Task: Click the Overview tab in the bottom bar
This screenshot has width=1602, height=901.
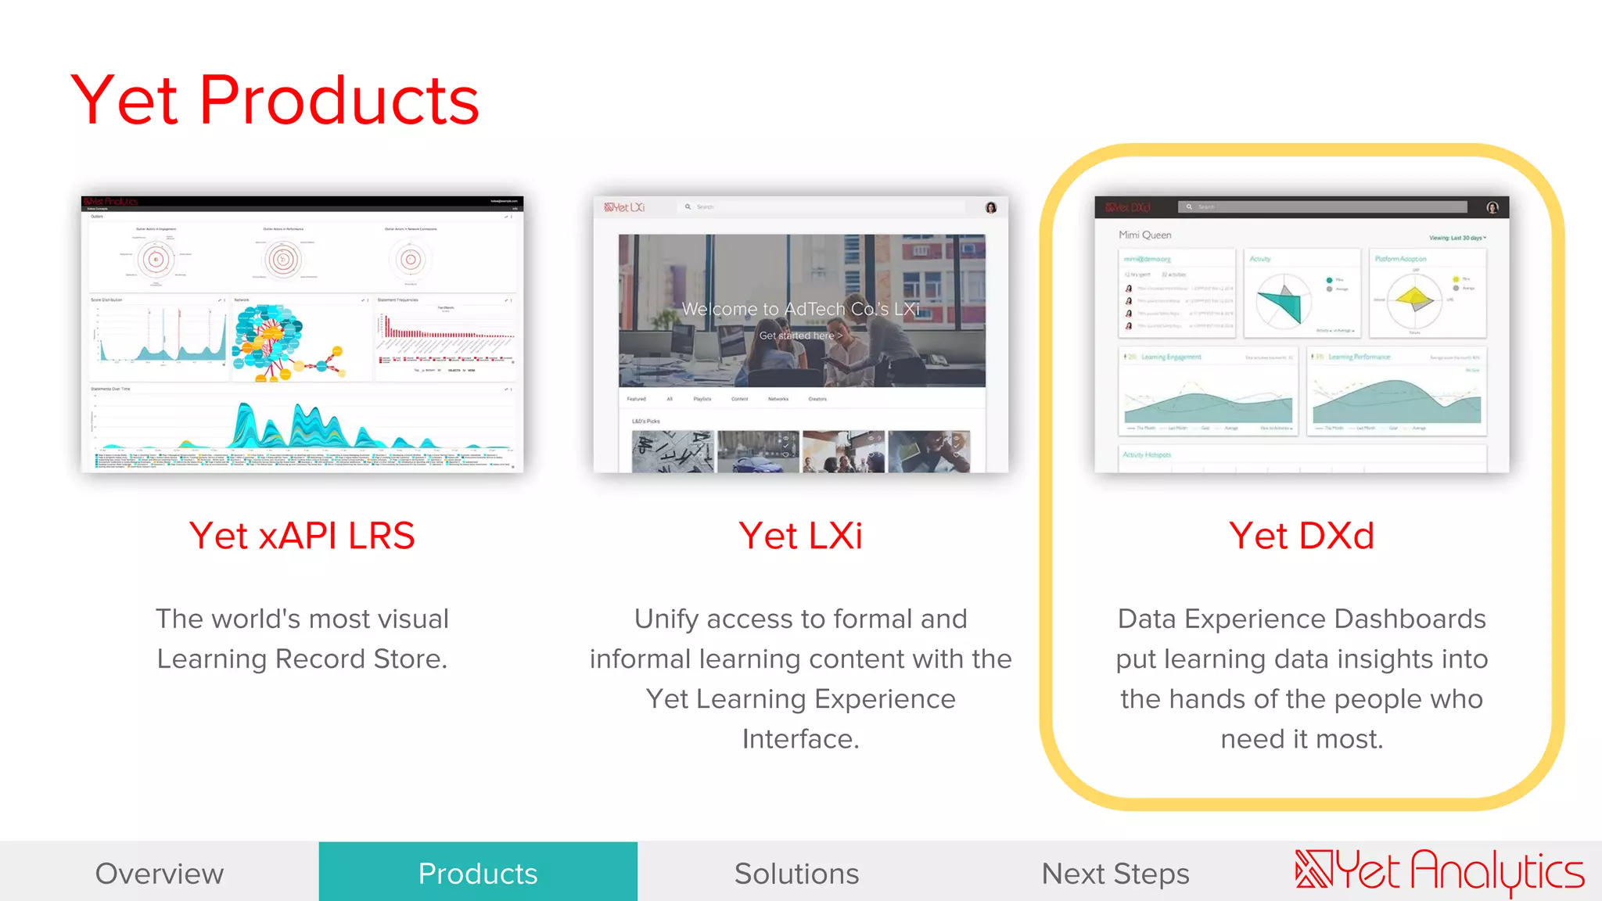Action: pos(160,873)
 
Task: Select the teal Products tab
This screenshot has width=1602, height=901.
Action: pos(478,873)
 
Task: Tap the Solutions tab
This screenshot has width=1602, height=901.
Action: pos(796,873)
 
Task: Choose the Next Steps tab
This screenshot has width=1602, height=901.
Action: pos(1115,873)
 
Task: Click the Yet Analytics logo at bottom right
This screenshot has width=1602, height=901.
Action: pos(1439,871)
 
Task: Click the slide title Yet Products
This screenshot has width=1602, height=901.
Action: pos(275,100)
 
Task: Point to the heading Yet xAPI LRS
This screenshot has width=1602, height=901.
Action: pos(302,536)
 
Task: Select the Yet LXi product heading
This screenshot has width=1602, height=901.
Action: pos(800,536)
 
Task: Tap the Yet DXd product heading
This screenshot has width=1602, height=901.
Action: pos(1302,536)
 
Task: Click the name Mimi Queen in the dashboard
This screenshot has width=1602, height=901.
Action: pos(1144,235)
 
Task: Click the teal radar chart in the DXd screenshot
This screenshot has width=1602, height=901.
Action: pos(1281,303)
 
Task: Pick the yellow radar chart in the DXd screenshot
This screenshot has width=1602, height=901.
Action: pos(1414,299)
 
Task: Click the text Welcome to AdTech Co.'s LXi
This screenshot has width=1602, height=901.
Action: pos(800,309)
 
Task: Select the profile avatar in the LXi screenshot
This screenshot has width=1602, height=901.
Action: pos(991,207)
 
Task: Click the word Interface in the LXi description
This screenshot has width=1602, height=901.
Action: pos(800,738)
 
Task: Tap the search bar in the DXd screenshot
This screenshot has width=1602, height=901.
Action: pos(1322,207)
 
